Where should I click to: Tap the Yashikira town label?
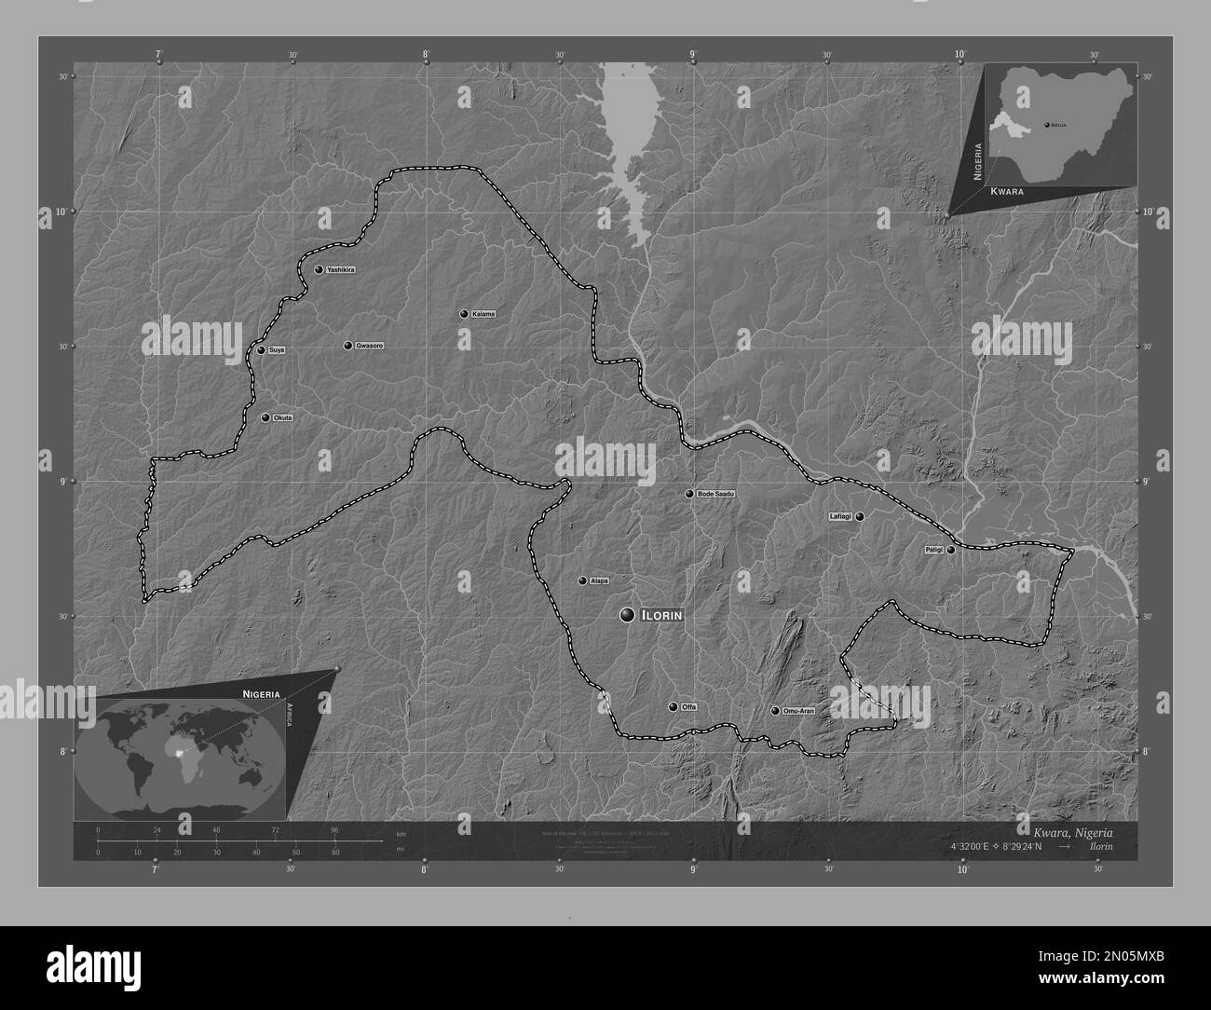[x=341, y=269]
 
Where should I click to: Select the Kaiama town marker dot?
[x=464, y=314]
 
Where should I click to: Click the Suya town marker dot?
[x=262, y=350]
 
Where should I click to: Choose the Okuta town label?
[x=283, y=417]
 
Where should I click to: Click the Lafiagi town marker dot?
[x=860, y=516]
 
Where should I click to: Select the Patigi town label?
[x=932, y=550]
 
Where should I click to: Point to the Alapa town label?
[x=599, y=580]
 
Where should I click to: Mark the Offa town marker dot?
[x=673, y=706]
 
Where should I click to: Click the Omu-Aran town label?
[x=799, y=711]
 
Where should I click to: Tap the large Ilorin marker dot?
[x=627, y=614]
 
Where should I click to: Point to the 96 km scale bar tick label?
[x=334, y=829]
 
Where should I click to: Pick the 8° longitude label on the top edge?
[x=426, y=55]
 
